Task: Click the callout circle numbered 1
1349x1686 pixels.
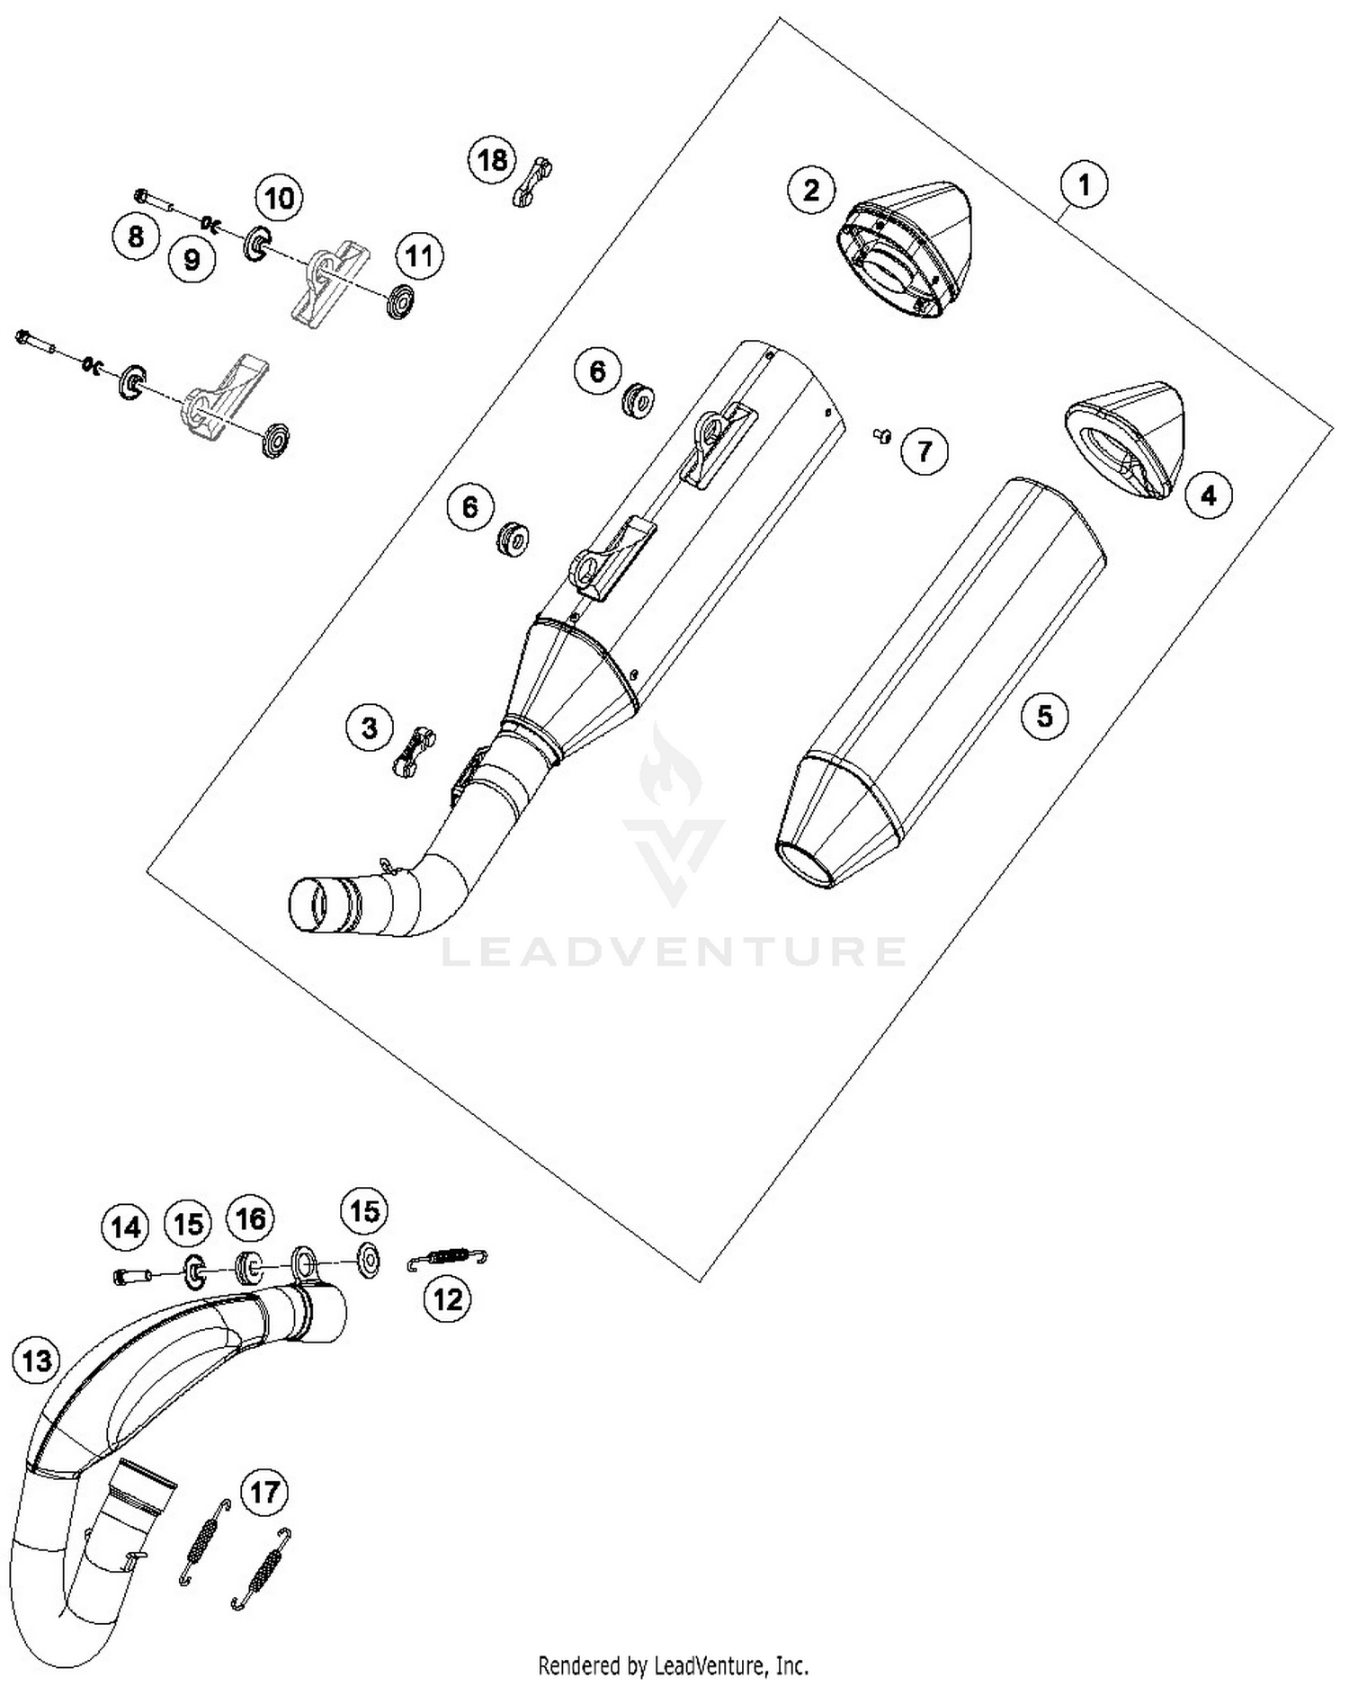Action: click(1084, 185)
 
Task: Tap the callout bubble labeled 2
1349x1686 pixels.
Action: click(811, 190)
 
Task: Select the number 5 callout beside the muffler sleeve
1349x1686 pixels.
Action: click(1044, 716)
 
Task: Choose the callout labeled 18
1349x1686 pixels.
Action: click(492, 161)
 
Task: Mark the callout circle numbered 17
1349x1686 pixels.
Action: click(264, 1494)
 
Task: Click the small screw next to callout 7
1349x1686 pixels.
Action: click(881, 436)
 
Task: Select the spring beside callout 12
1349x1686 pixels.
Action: click(448, 1257)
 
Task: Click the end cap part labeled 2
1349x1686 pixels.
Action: click(904, 249)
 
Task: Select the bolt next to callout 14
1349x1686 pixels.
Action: click(127, 1274)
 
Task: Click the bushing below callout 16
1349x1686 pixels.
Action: click(246, 1268)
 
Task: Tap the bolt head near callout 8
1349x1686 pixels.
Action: click(141, 195)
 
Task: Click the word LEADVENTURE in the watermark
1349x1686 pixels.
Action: click(674, 950)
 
